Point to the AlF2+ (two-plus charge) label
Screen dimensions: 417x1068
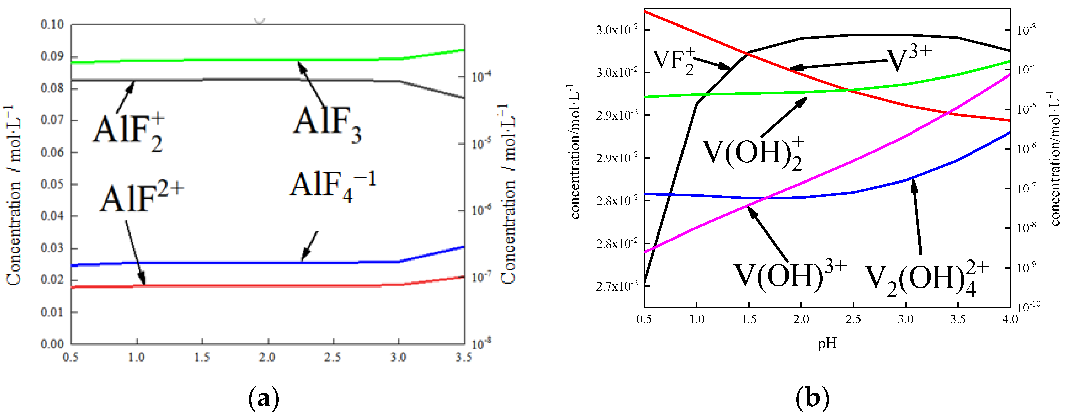click(141, 198)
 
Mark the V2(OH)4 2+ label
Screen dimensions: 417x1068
click(927, 278)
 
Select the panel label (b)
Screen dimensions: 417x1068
click(813, 398)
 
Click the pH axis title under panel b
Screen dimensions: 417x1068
click(827, 344)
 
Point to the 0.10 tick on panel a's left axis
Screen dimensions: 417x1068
click(52, 24)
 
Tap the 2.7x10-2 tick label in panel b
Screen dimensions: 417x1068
click(616, 286)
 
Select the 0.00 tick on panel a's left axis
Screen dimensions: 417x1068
click(52, 344)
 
